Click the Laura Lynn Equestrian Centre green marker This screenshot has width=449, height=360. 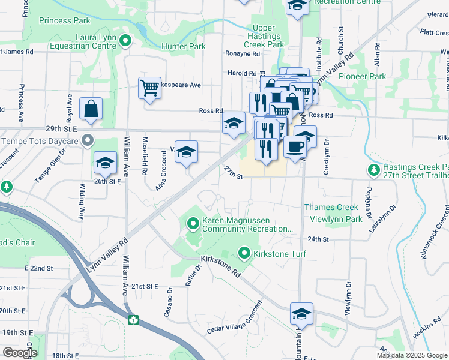coord(125,41)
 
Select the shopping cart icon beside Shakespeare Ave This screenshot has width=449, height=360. coord(149,89)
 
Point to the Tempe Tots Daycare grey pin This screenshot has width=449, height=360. coord(88,142)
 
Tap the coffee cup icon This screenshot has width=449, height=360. coord(294,146)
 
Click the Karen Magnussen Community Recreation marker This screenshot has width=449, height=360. coord(193,224)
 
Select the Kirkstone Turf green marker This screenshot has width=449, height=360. coord(244,254)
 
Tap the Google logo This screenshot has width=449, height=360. coord(20,353)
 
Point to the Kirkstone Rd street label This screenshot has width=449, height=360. coord(221,265)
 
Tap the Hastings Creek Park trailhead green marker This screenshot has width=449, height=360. coord(374,170)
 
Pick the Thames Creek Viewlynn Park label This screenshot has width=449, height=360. coord(331,213)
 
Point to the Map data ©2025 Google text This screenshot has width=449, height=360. coord(411,355)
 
